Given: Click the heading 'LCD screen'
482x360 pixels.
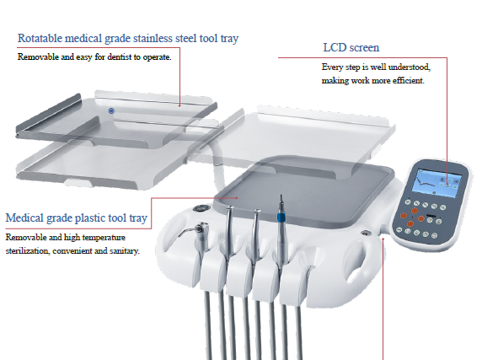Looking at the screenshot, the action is point(351,48).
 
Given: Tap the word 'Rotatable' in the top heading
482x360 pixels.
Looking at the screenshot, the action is point(40,38).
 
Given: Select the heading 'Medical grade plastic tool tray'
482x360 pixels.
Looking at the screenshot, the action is point(76,218).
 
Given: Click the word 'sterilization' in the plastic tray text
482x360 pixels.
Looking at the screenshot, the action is point(27,251).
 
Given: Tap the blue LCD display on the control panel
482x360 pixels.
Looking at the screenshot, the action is point(436,182).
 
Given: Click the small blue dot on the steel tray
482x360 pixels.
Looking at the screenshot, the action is point(111,110).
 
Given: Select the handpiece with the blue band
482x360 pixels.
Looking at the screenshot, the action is point(281,229).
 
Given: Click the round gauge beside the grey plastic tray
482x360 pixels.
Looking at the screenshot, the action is point(201,209).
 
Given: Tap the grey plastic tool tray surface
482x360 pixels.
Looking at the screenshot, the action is point(304,191).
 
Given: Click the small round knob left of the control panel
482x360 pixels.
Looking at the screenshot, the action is point(366,234).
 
